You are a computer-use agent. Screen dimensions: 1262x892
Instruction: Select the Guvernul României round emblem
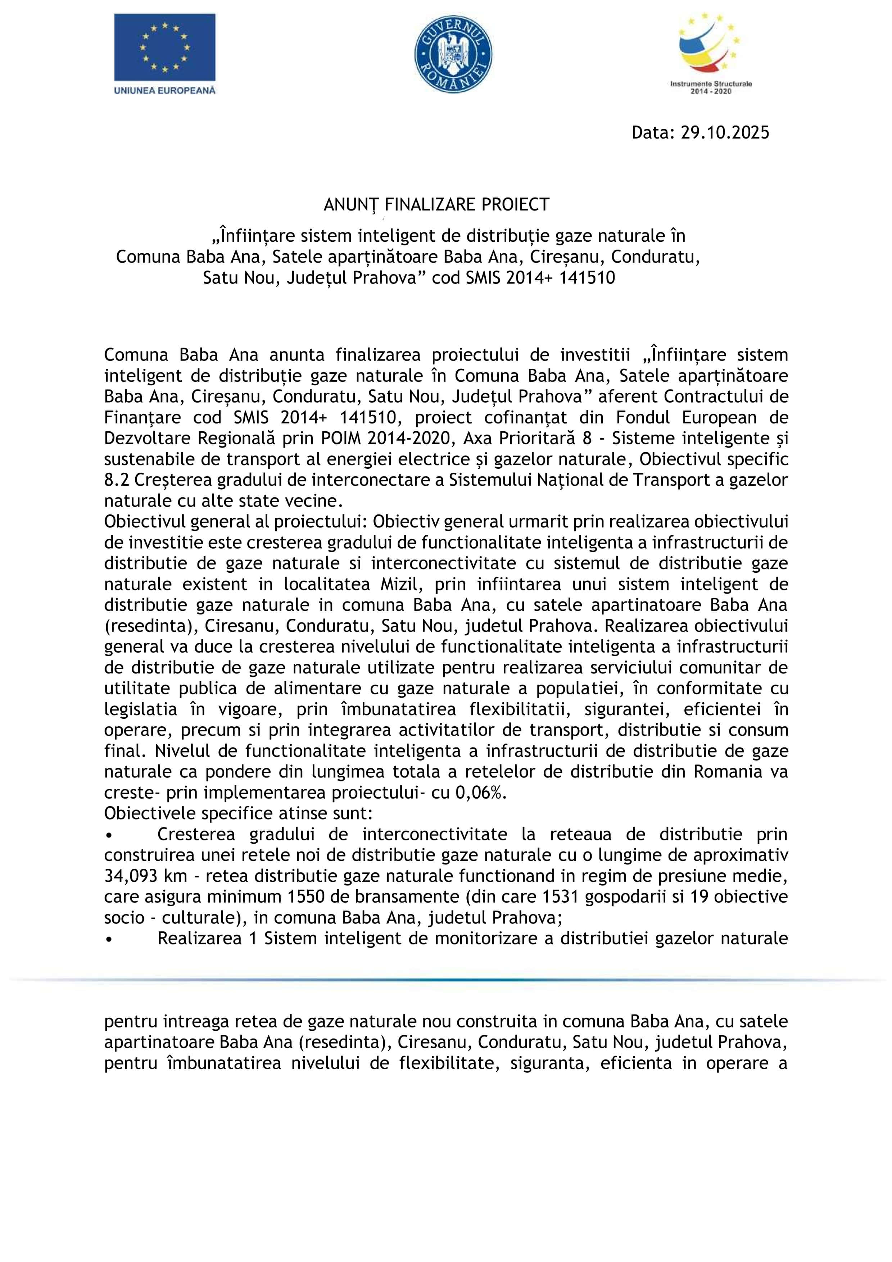coord(453,54)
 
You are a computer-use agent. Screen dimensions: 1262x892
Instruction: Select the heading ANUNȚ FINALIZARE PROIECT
coord(436,204)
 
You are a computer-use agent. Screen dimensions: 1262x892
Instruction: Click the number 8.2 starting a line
coord(116,480)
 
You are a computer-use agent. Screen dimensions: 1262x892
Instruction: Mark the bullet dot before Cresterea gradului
coord(109,835)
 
